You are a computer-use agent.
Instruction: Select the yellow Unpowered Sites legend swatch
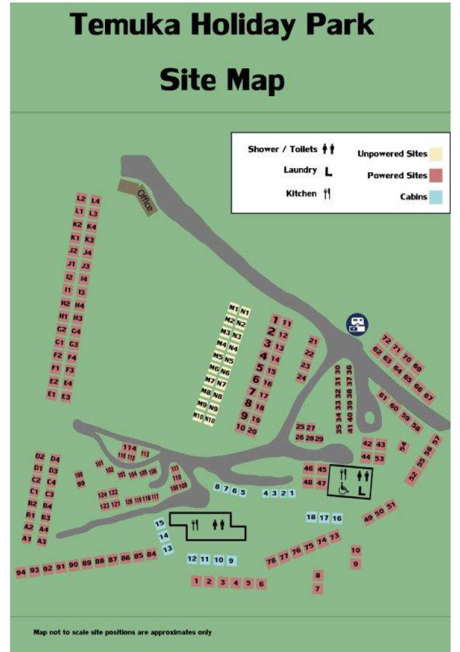point(436,153)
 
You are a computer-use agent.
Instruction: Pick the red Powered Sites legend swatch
point(436,175)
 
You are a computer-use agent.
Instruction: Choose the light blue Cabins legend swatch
point(436,197)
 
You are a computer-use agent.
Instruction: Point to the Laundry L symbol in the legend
point(328,171)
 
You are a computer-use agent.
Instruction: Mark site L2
point(81,198)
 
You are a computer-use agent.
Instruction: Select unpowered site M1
point(233,309)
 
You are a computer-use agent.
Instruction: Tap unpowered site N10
point(210,420)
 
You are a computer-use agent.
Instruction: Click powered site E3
point(66,396)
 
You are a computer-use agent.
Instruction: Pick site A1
point(27,539)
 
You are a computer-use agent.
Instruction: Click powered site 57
point(436,439)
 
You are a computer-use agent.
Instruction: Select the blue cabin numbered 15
point(160,523)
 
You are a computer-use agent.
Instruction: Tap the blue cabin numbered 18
point(311,517)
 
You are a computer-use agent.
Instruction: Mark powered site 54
point(402,446)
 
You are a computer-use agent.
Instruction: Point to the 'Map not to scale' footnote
point(122,632)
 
